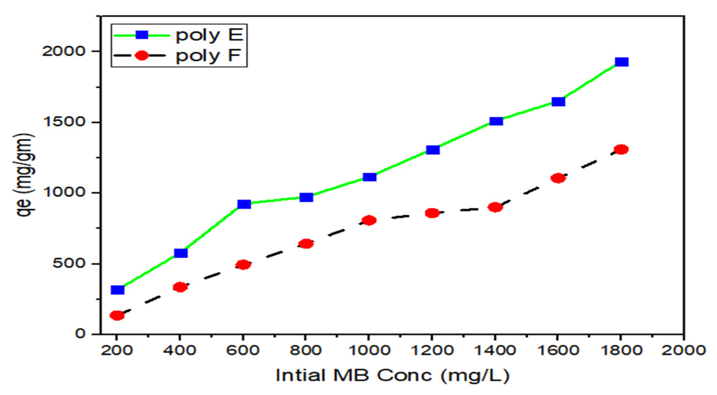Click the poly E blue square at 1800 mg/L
click(621, 62)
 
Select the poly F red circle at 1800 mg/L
click(621, 149)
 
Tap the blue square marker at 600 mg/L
click(244, 204)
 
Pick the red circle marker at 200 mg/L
click(117, 315)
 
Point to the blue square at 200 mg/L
click(117, 290)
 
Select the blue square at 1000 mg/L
click(370, 177)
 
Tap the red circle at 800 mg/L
click(306, 243)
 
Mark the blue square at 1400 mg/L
click(496, 121)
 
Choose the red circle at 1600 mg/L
click(558, 178)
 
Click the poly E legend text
click(209, 35)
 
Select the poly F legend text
click(208, 56)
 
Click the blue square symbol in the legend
click(142, 35)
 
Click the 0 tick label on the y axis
click(81, 333)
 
